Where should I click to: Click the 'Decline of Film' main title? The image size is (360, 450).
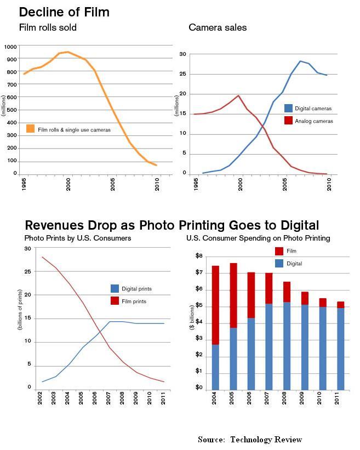(x=64, y=12)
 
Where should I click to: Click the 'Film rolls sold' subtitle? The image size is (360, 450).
(x=48, y=27)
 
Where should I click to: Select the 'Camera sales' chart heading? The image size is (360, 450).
(x=218, y=27)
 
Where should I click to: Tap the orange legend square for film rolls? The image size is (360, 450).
(x=31, y=129)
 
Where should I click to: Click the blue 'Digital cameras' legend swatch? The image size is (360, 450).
(x=289, y=109)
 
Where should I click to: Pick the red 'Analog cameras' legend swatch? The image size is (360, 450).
(x=289, y=121)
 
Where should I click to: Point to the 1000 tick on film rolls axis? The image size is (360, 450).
(x=10, y=47)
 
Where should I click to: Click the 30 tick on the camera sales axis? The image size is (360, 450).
(x=183, y=54)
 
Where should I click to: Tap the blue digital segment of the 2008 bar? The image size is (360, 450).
(x=287, y=345)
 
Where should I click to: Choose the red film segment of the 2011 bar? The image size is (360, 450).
(x=340, y=305)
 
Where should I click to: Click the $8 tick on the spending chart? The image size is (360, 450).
(x=199, y=256)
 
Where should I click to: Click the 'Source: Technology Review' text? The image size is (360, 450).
(x=250, y=439)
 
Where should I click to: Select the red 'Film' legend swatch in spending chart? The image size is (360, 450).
(x=279, y=251)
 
